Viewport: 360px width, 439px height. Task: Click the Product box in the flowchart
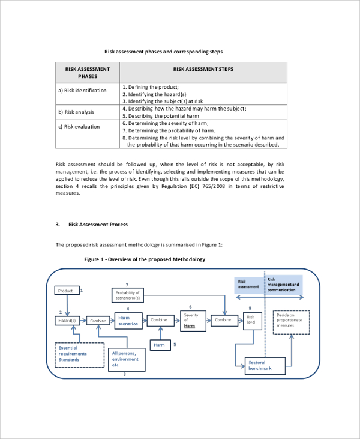click(x=66, y=291)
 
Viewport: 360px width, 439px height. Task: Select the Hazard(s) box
click(x=67, y=321)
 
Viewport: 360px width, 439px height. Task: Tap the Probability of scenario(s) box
click(x=127, y=295)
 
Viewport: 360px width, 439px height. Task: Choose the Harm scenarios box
click(x=128, y=321)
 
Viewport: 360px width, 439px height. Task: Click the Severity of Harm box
click(x=193, y=320)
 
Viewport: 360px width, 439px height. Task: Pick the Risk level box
click(x=251, y=320)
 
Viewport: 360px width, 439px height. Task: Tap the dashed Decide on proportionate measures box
click(x=291, y=322)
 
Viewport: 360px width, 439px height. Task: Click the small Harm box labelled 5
click(x=159, y=345)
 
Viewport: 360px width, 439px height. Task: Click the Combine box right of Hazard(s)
click(x=98, y=321)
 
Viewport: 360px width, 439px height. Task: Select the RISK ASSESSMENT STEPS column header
click(x=203, y=70)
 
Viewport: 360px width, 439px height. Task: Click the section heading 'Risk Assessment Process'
click(x=98, y=225)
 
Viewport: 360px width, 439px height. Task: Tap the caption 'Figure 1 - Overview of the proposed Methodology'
click(x=145, y=259)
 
